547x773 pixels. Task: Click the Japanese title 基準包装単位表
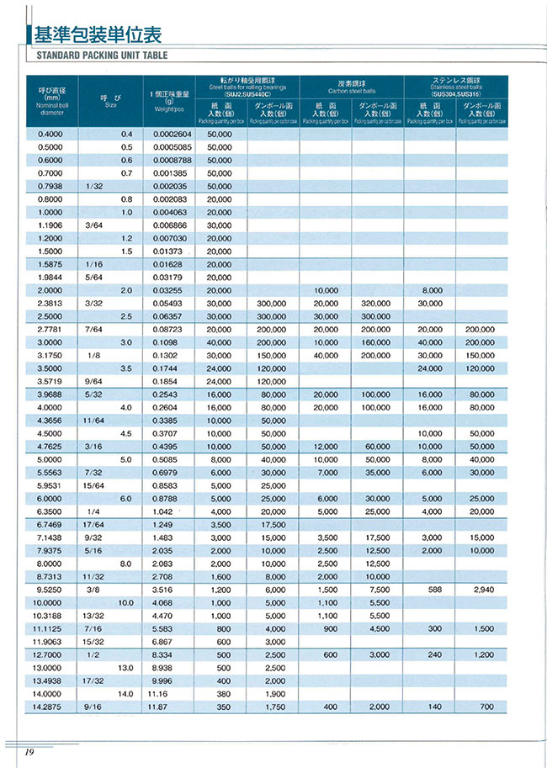point(95,34)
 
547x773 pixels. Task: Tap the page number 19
point(28,751)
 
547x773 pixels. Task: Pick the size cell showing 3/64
point(93,225)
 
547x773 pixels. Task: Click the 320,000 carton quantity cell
point(377,302)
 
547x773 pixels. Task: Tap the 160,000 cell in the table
point(377,341)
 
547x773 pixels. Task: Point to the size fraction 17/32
point(93,681)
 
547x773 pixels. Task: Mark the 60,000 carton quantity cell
point(377,446)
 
